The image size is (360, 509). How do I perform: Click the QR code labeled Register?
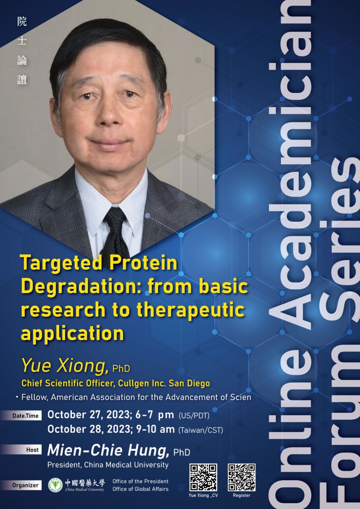pos(242,478)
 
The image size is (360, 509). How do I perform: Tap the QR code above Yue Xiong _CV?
pos(203,478)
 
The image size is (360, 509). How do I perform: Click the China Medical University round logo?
pos(55,485)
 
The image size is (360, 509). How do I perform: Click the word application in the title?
pos(72,334)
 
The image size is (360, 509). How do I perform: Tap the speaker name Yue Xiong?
pos(65,366)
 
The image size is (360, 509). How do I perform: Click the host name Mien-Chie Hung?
pos(108,450)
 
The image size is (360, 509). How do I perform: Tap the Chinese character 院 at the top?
pos(22,22)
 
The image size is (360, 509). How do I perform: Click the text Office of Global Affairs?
pos(141,489)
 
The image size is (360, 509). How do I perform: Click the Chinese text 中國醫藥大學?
pos(85,483)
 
